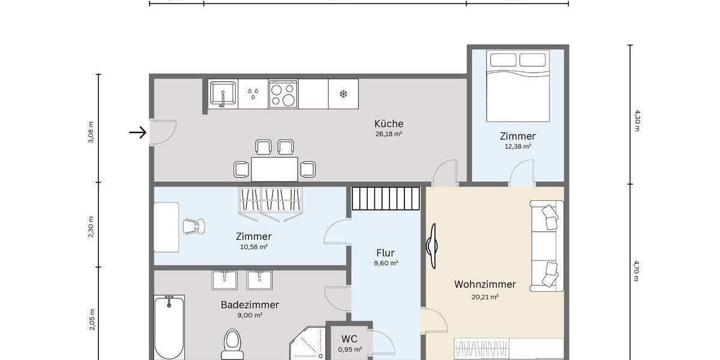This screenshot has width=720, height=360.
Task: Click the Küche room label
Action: tap(389, 124)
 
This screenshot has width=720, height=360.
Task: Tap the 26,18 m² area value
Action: tap(389, 134)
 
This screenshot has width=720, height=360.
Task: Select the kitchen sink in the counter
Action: tap(223, 94)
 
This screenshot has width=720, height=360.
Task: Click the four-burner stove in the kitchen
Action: tap(283, 94)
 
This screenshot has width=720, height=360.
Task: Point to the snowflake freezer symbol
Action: tap(344, 94)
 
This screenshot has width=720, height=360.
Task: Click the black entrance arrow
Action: tap(138, 133)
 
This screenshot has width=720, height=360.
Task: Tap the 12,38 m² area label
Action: tap(518, 146)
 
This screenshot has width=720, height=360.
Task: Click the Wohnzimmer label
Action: tap(485, 284)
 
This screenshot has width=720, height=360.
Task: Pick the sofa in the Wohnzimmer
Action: tap(547, 247)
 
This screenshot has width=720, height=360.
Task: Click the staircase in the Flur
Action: tap(385, 198)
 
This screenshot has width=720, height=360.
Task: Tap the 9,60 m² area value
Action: tap(385, 263)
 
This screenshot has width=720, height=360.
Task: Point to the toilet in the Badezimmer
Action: tap(232, 344)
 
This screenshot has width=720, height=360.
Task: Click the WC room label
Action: tap(349, 339)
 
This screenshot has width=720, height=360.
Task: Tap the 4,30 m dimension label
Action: tap(637, 121)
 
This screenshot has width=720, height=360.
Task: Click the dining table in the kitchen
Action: tap(275, 169)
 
